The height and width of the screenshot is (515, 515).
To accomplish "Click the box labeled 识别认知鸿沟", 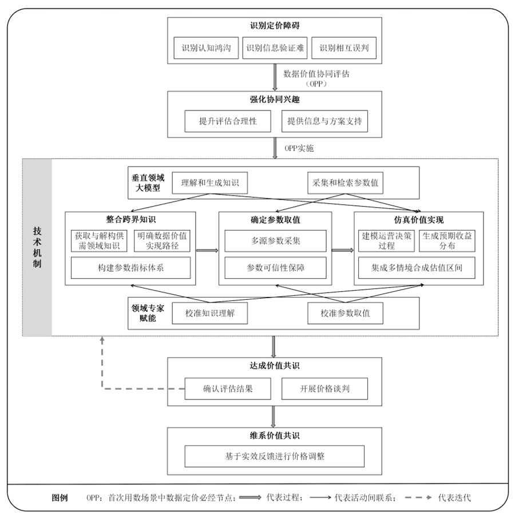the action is click(x=206, y=48).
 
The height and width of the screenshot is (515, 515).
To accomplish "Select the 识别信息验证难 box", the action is click(x=275, y=48).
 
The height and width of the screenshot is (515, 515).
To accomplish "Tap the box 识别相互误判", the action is click(x=344, y=48).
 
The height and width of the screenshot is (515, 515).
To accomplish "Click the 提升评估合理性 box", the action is click(x=228, y=121).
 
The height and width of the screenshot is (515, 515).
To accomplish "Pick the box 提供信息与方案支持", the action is click(x=324, y=121).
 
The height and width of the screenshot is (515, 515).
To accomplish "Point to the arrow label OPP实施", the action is click(x=299, y=148).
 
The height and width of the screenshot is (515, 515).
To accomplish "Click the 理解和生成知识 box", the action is click(x=210, y=183).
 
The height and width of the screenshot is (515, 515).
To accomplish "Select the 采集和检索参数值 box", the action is click(x=345, y=183).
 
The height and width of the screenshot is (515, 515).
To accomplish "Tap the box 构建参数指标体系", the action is click(x=130, y=268).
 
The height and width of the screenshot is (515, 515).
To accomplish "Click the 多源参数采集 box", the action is click(x=276, y=241).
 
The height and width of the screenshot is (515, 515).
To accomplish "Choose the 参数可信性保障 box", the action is click(x=276, y=268).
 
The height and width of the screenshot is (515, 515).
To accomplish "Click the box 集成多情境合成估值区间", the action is click(x=417, y=268).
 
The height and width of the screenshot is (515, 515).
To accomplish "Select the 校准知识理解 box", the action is click(x=210, y=313).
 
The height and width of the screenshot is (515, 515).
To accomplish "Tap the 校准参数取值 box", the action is click(x=345, y=313).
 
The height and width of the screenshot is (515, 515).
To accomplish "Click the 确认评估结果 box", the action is click(x=228, y=389).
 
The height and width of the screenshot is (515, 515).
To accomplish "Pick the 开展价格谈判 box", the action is click(x=324, y=389).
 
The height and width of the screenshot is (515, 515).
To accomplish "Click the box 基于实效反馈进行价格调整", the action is click(x=275, y=456).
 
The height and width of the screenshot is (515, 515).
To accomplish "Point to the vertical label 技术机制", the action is click(x=37, y=247).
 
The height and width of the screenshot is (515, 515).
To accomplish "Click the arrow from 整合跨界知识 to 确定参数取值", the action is click(x=207, y=251).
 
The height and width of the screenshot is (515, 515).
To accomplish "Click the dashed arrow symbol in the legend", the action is click(x=418, y=498).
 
